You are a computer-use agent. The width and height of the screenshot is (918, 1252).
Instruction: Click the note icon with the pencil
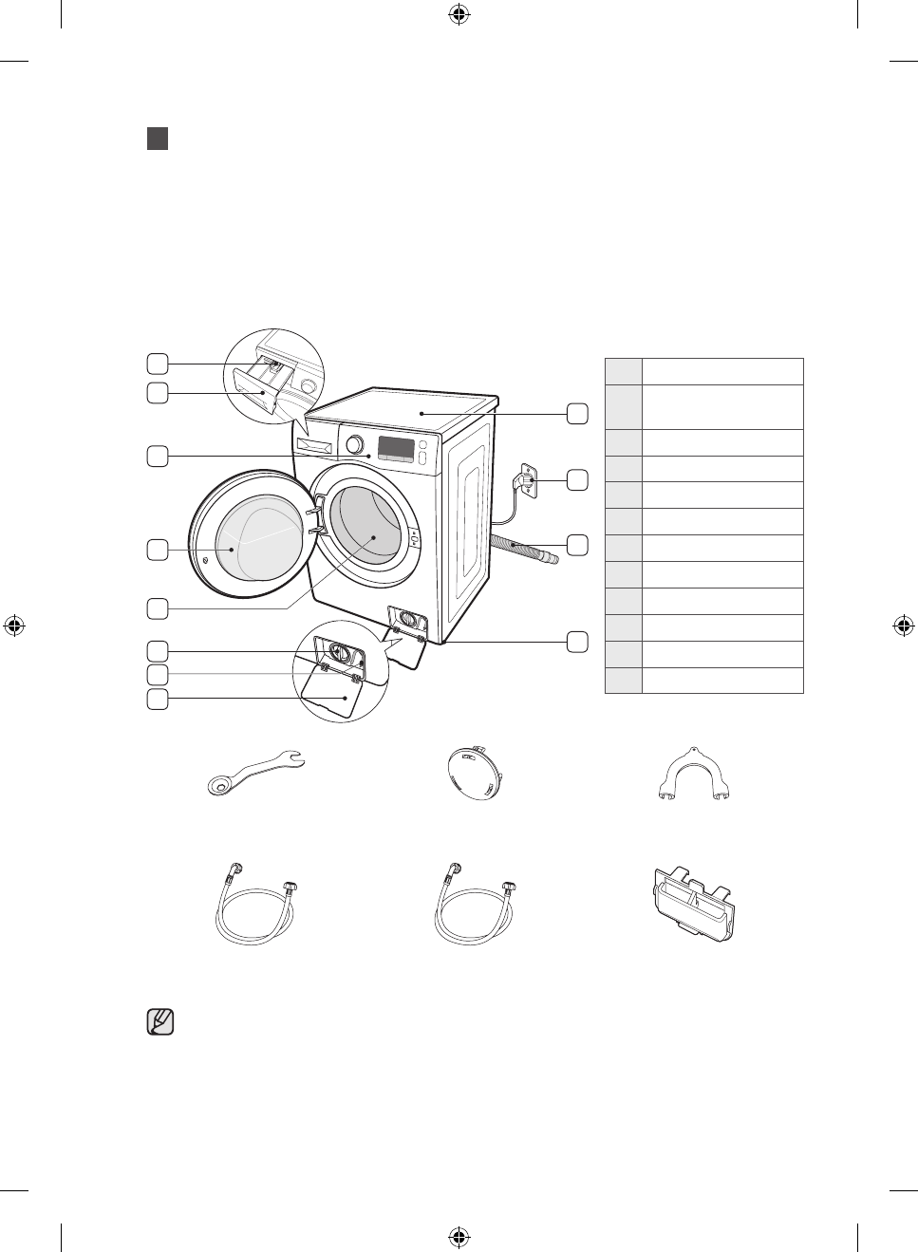tap(161, 1022)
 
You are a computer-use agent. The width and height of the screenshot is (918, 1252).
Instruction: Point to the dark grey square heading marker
tap(158, 139)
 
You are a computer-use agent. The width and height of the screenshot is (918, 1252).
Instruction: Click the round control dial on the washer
tap(354, 444)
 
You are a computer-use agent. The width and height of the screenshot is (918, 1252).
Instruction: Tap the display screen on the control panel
tap(396, 448)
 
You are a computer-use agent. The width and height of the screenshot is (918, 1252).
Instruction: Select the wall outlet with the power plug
tap(525, 481)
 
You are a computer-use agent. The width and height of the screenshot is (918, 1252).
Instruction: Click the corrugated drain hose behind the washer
tap(525, 550)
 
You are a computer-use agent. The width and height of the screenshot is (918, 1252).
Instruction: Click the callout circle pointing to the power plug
tap(577, 480)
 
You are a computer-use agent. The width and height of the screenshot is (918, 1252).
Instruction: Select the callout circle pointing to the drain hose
tap(577, 545)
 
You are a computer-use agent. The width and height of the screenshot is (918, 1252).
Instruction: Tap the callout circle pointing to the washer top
tap(577, 414)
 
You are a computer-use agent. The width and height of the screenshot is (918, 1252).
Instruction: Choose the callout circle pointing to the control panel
tap(158, 456)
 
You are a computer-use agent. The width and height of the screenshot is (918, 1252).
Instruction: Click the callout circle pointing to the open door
tap(158, 549)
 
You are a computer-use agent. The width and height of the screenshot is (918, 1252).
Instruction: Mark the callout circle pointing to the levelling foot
tap(577, 642)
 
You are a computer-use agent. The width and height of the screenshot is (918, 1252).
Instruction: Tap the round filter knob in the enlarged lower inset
tap(333, 653)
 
